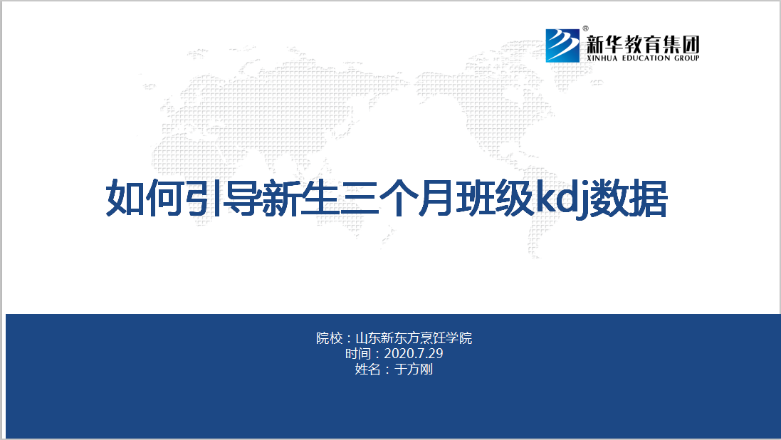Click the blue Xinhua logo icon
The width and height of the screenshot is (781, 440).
(x=562, y=46)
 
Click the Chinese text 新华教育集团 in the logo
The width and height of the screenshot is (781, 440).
(x=643, y=44)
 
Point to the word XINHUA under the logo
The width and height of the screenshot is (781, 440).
(x=602, y=58)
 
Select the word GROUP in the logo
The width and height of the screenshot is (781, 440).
(x=687, y=58)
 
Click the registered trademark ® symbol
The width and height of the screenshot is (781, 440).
(x=586, y=29)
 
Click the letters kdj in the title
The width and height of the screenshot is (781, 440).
(x=562, y=199)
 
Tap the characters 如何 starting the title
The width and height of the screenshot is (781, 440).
(x=145, y=199)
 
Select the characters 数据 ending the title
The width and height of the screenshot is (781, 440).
(x=629, y=199)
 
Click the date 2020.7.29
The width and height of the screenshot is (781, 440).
(x=414, y=353)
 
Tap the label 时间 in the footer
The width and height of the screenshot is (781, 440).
(x=358, y=354)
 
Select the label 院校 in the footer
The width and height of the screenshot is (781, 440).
(x=329, y=338)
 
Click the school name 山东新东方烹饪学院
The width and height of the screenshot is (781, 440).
(x=414, y=338)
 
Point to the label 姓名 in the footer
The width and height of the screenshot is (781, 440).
(x=367, y=370)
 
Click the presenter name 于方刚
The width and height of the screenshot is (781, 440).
(x=414, y=370)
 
